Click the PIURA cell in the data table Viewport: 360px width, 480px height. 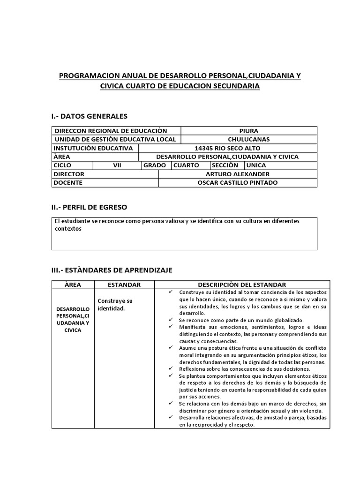[x=248, y=131]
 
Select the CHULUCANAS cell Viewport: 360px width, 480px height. [x=248, y=139]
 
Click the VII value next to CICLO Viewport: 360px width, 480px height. [x=117, y=165]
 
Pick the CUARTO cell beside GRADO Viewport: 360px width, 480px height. [x=186, y=165]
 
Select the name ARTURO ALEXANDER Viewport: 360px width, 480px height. [x=238, y=174]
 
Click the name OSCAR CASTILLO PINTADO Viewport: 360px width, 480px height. [x=238, y=182]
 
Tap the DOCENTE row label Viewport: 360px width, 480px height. [x=68, y=182]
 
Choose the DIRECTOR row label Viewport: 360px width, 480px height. [x=69, y=174]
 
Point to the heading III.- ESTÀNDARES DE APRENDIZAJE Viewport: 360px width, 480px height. [x=112, y=270]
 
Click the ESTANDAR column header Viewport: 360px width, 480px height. [x=124, y=285]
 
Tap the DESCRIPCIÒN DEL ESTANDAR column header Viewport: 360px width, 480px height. [x=242, y=285]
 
